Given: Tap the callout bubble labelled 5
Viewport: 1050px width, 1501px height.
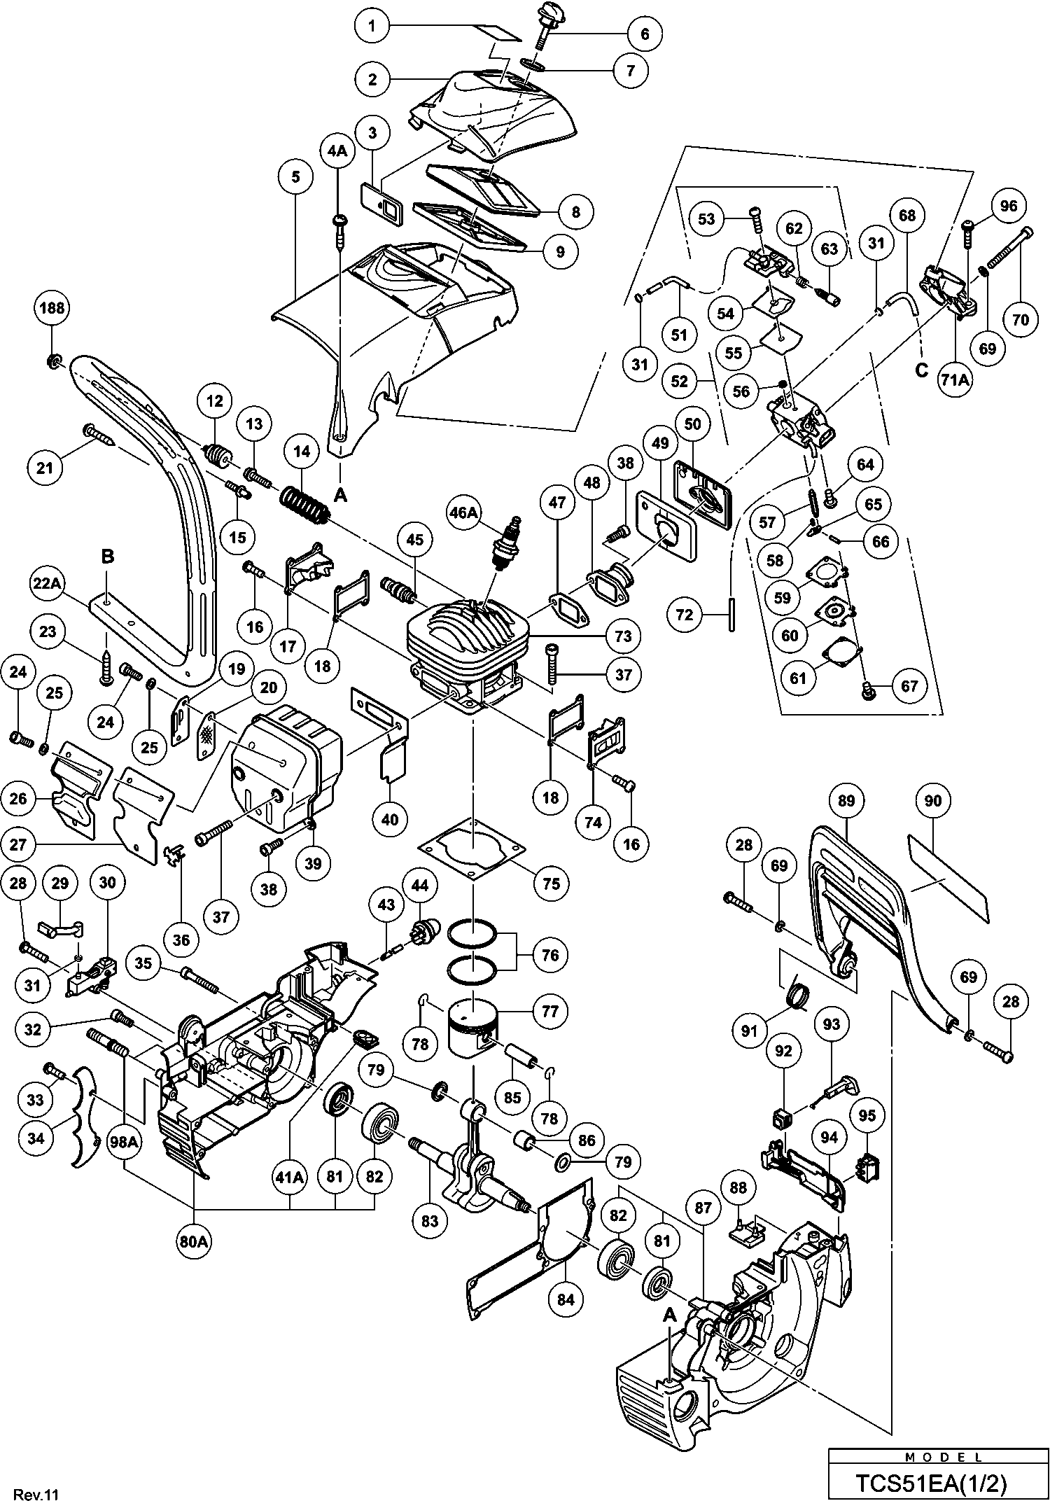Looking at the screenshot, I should point(296,177).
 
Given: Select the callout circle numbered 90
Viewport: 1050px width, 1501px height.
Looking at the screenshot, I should point(933,800).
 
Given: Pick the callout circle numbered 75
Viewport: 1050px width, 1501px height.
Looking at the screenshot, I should point(551,884).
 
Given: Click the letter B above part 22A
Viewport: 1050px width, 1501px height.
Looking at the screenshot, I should point(107,557).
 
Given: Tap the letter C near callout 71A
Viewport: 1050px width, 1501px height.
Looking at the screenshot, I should point(921,370).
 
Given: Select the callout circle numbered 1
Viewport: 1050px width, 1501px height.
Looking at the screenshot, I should point(372,27).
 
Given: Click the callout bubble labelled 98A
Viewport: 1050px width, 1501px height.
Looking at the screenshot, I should point(124,1143).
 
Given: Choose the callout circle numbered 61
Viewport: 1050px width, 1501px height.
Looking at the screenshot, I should point(798,678).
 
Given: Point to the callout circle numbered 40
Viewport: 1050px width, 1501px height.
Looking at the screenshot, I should point(390,819).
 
